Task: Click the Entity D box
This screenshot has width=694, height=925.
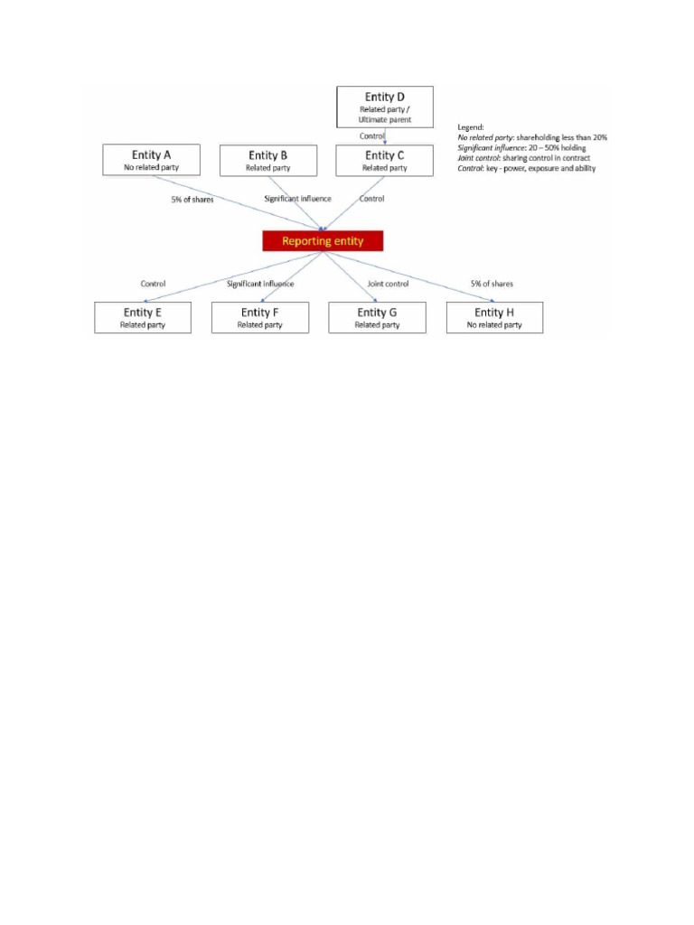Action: point(384,107)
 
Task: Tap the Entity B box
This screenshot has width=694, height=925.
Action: point(268,160)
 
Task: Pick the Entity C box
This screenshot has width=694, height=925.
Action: point(384,160)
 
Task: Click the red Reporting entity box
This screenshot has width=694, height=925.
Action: point(323,241)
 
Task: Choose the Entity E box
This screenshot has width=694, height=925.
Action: point(143,317)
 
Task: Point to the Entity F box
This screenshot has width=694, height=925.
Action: point(260,317)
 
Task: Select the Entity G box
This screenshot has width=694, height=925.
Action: point(377,317)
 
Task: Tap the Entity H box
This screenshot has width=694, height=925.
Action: point(494,317)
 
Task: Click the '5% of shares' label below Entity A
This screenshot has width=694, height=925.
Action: point(192,199)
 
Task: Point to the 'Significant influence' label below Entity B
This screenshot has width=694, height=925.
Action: point(298,199)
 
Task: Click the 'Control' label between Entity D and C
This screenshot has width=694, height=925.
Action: point(372,135)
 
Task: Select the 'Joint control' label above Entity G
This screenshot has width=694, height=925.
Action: point(388,284)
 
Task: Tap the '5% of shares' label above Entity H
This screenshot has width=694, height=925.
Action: point(492,284)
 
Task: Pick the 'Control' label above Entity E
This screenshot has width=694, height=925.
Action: point(153,284)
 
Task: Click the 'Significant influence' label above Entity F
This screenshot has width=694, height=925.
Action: point(260,284)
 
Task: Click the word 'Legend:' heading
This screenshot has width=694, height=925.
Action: point(471,127)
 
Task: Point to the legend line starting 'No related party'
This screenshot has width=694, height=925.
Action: point(532,137)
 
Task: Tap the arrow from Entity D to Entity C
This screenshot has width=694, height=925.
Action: point(386,137)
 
